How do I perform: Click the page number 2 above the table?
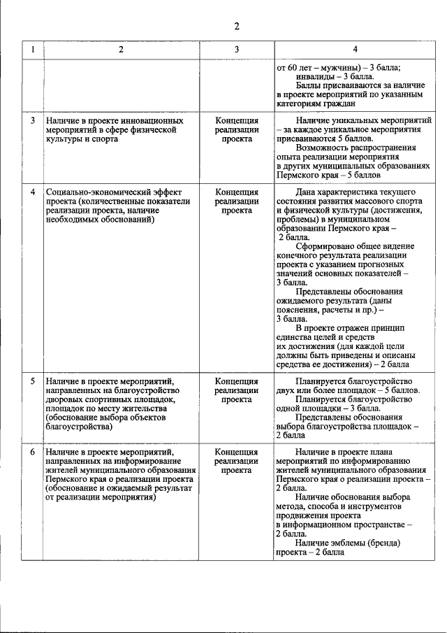(x=237, y=27)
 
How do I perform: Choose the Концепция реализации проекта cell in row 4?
(x=237, y=200)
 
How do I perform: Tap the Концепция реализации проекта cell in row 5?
(x=237, y=390)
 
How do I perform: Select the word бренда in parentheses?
(x=385, y=542)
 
